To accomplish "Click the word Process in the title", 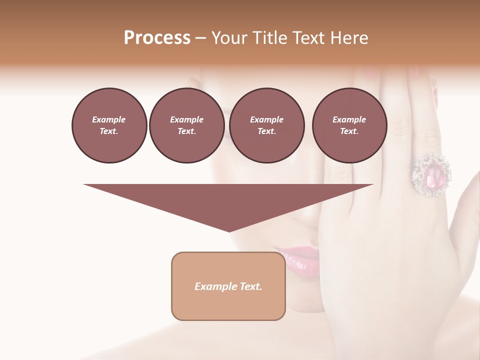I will [157, 37].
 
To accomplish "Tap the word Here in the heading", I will [348, 37].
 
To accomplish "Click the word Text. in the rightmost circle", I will [349, 131].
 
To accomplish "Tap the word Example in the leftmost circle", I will [109, 119].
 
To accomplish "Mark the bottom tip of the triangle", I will [229, 230].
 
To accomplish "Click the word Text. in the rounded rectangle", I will [250, 286].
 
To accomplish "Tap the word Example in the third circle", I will [266, 119].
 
